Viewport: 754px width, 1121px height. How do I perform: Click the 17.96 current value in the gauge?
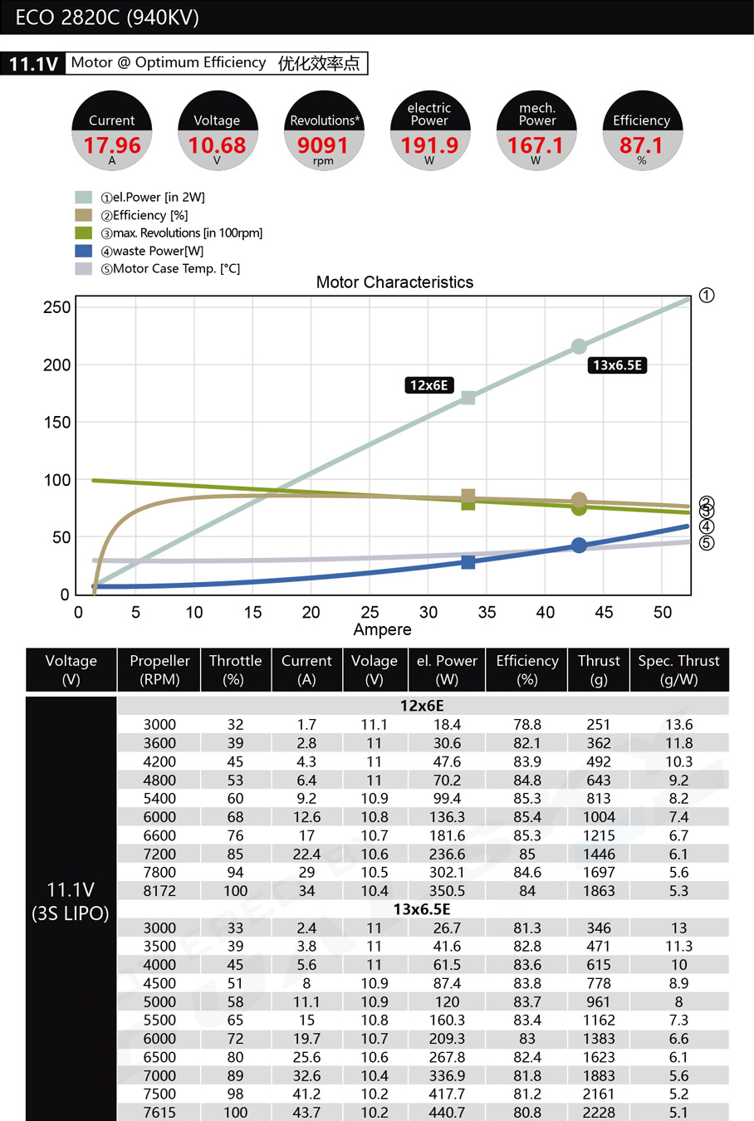click(x=112, y=145)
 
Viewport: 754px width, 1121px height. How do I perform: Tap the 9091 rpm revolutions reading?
click(x=323, y=145)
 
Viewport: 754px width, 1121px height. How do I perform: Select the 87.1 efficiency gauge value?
click(x=641, y=145)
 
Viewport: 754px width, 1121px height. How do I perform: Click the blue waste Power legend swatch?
click(x=83, y=251)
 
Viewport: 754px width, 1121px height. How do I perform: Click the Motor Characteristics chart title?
click(x=394, y=282)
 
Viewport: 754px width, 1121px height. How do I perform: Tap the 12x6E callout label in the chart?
click(x=428, y=385)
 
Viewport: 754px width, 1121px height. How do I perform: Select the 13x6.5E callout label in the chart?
click(x=617, y=365)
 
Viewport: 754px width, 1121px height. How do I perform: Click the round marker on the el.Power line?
click(x=579, y=346)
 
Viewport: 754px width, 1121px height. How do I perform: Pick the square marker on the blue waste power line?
click(x=468, y=562)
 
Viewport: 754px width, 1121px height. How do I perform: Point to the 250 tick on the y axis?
click(x=57, y=307)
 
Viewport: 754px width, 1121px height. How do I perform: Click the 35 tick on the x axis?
click(x=487, y=613)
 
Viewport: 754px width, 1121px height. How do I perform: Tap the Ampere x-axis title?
click(x=382, y=630)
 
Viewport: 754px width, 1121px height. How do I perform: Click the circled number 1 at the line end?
click(x=707, y=296)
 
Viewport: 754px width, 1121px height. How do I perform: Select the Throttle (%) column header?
click(x=235, y=670)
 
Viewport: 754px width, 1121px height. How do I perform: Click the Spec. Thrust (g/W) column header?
click(x=678, y=670)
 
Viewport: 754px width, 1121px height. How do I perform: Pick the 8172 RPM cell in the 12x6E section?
click(x=159, y=891)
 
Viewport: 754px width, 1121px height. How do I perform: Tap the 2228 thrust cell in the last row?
click(x=599, y=1113)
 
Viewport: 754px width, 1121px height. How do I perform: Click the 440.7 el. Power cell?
click(x=447, y=1113)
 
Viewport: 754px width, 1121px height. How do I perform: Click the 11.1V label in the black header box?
click(x=33, y=64)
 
